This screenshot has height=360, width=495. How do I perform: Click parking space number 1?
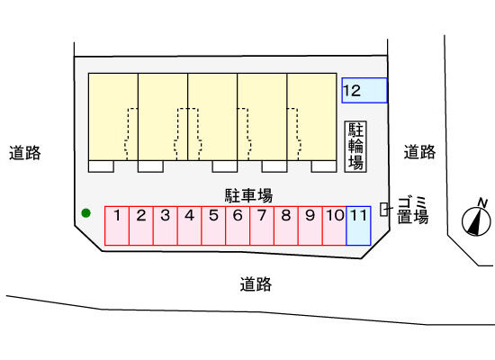pyautogui.click(x=117, y=226)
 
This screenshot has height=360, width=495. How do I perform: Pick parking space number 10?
pyautogui.click(x=334, y=226)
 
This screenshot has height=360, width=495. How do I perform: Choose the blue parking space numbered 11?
pyautogui.click(x=358, y=226)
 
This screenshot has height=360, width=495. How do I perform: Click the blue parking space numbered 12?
pyautogui.click(x=364, y=90)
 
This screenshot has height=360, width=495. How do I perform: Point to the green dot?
pyautogui.click(x=85, y=213)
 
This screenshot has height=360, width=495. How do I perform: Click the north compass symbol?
pyautogui.click(x=476, y=220)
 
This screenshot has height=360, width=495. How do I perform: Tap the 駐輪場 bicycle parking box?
pyautogui.click(x=355, y=147)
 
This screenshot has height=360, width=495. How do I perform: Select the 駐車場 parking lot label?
pyautogui.click(x=248, y=195)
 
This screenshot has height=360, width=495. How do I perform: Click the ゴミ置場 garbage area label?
pyautogui.click(x=412, y=211)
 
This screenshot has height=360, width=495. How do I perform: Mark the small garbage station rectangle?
pyautogui.click(x=383, y=209)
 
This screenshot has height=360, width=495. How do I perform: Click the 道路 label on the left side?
pyautogui.click(x=25, y=153)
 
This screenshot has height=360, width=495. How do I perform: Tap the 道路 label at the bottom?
pyautogui.click(x=256, y=284)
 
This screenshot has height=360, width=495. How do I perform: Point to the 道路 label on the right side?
pyautogui.click(x=420, y=152)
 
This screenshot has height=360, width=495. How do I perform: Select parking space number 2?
pyautogui.click(x=141, y=226)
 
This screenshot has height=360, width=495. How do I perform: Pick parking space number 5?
pyautogui.click(x=213, y=226)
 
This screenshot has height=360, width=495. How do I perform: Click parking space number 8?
pyautogui.click(x=286, y=226)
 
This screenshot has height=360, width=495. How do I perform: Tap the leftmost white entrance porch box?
pyautogui.click(x=101, y=166)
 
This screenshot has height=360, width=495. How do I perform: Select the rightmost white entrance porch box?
pyautogui.click(x=324, y=166)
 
